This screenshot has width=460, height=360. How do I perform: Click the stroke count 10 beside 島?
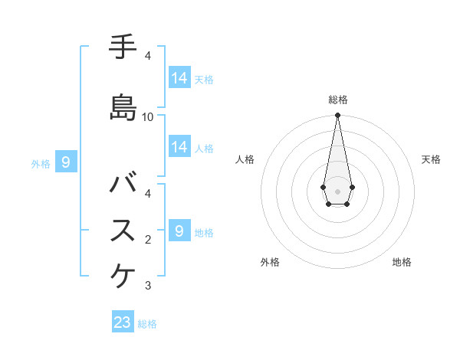coord(148,117)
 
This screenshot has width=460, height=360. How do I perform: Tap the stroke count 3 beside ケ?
coord(148,286)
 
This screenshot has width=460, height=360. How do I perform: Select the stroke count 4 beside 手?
coord(148,56)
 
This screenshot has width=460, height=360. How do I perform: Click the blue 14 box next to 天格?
coord(179,78)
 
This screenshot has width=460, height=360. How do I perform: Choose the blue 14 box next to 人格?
coord(179,147)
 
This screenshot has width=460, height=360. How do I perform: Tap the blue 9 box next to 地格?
coord(179,231)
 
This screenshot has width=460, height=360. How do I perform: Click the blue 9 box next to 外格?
coord(66,162)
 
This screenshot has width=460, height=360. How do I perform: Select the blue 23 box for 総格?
coord(123,322)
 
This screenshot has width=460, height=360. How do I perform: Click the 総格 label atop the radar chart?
coord(337,100)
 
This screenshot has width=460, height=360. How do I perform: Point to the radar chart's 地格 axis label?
coord(402,262)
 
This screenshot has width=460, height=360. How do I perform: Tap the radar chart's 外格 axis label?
coord(270,262)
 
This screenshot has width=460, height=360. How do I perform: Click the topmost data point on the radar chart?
coord(337,116)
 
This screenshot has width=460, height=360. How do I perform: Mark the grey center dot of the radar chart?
coord(337,190)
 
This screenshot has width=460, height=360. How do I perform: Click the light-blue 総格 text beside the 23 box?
coord(147,324)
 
